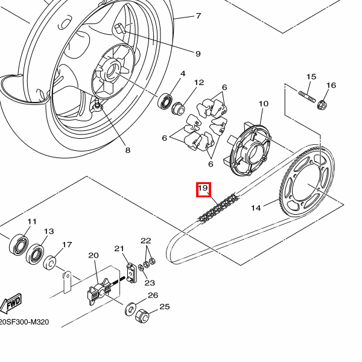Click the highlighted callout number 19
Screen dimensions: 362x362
pos(203,189)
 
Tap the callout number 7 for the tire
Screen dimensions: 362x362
pos(198,16)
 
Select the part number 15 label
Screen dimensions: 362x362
pos(311,77)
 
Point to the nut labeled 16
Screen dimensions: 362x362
pos(322,106)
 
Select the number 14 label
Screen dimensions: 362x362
pos(256,208)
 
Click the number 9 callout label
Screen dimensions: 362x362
pos(198,54)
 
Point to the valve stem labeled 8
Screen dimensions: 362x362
pos(98,107)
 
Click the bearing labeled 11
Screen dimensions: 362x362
pos(19,244)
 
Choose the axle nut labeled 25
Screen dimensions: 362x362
pos(143,316)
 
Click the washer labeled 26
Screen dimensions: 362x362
pos(130,310)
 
